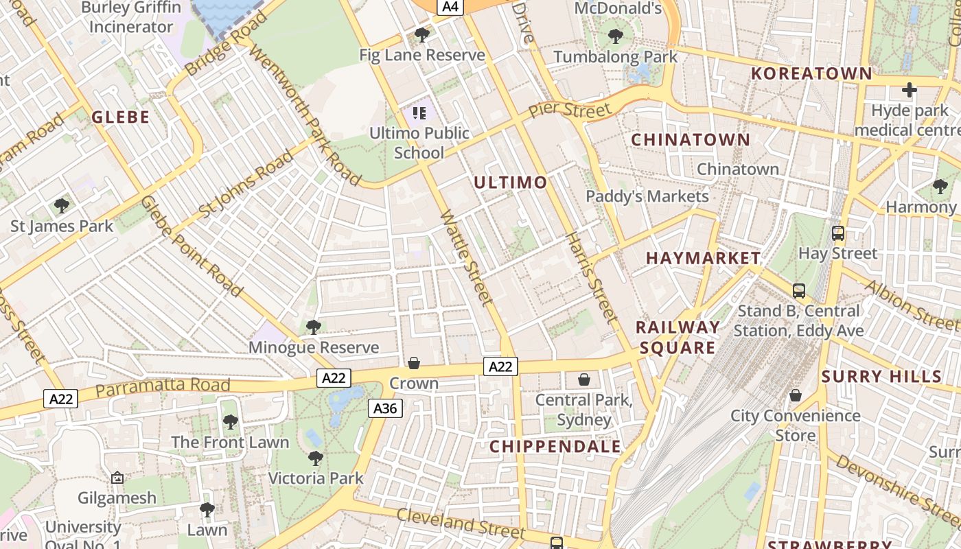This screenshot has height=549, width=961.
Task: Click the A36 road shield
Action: (x=385, y=409)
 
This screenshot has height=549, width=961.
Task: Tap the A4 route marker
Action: (x=451, y=7)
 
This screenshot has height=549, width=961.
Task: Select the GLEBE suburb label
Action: (x=121, y=117)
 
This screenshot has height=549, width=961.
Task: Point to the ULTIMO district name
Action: (x=510, y=183)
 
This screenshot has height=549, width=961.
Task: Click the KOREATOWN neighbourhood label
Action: (x=811, y=73)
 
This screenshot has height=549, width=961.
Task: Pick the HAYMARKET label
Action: (x=703, y=259)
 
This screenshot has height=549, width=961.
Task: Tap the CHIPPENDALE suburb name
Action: (x=555, y=447)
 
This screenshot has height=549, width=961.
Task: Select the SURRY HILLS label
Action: (x=881, y=376)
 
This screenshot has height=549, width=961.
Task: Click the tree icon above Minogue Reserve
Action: (x=314, y=327)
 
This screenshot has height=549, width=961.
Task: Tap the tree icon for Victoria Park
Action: (x=316, y=458)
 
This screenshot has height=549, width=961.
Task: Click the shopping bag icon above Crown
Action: (x=414, y=363)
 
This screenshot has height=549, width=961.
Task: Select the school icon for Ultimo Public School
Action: (x=419, y=113)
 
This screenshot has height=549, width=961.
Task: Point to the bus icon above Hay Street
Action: (x=837, y=233)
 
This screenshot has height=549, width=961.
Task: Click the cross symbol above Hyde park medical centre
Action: (x=910, y=90)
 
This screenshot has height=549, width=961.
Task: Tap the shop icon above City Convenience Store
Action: (x=795, y=395)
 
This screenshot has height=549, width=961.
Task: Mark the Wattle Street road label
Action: (x=467, y=257)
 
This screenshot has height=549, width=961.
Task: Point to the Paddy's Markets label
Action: (x=647, y=197)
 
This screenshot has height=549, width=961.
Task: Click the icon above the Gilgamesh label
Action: (x=117, y=478)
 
